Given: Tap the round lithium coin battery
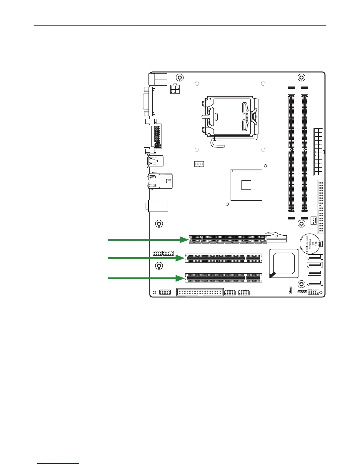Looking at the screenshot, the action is (309, 244).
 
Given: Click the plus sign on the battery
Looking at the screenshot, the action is (303, 244).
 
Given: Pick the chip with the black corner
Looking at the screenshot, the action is (284, 263).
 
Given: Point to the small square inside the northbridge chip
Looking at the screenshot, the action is (246, 185).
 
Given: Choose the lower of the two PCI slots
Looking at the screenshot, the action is (223, 278).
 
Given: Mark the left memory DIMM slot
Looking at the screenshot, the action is (291, 153).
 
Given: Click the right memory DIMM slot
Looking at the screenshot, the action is (304, 153).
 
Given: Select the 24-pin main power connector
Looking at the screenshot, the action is (318, 152).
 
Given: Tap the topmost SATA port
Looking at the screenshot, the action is (314, 257).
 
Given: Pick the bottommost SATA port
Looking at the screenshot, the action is (314, 283).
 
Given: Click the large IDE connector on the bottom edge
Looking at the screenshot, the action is (200, 292).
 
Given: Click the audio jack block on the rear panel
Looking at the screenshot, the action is (158, 206).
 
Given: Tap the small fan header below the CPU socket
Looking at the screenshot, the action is (199, 164).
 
